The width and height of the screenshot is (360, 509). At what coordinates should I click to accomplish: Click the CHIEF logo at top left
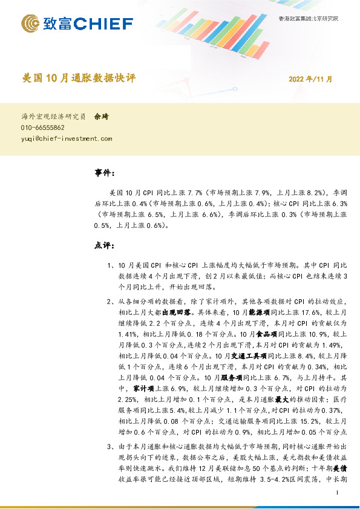[x=77, y=24]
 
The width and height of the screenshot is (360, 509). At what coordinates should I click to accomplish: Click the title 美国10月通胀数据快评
[x=79, y=78]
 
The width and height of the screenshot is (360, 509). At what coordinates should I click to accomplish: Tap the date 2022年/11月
[x=310, y=79]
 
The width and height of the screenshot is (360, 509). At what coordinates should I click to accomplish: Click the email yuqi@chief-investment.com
[x=67, y=138]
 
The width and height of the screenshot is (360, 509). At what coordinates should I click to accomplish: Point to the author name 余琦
[x=101, y=117]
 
